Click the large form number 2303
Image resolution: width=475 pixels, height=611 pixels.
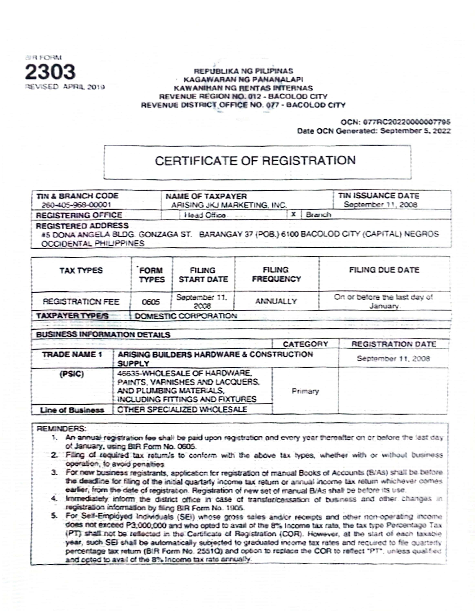pyautogui.click(x=50, y=72)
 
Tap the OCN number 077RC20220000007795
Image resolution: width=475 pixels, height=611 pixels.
pyautogui.click(x=407, y=122)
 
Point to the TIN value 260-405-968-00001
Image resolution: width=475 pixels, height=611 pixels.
pyautogui.click(x=76, y=205)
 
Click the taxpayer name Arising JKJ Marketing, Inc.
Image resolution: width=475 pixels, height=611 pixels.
pyautogui.click(x=229, y=205)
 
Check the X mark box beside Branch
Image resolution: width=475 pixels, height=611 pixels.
pyautogui.click(x=293, y=214)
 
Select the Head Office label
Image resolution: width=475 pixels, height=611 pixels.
pyautogui.click(x=205, y=215)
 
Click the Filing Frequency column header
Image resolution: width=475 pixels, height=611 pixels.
pyautogui.click(x=276, y=275)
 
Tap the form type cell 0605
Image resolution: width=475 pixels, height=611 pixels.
pyautogui.click(x=151, y=302)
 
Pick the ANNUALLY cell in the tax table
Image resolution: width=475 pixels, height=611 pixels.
pyautogui.click(x=276, y=301)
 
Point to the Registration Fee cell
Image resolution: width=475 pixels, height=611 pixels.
pyautogui.click(x=81, y=302)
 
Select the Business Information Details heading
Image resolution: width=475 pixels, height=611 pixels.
pyautogui.click(x=103, y=335)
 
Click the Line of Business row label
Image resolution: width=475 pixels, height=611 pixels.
pyautogui.click(x=72, y=410)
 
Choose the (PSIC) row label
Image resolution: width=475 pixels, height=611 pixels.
pyautogui.click(x=72, y=374)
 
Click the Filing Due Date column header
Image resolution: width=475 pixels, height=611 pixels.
pyautogui.click(x=384, y=270)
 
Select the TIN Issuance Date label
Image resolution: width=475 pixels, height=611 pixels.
pyautogui.click(x=378, y=196)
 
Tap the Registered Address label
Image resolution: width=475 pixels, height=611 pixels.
pyautogui.click(x=82, y=225)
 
